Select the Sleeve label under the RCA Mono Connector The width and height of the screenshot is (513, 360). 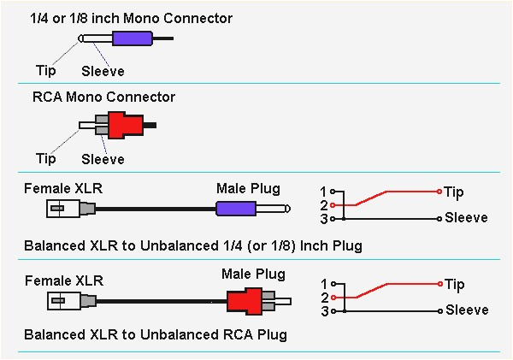tap(103, 159)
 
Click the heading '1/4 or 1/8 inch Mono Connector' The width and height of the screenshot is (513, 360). tap(131, 18)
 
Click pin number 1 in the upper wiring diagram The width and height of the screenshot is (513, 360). tap(323, 191)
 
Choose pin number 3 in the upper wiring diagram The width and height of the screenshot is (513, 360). tap(323, 219)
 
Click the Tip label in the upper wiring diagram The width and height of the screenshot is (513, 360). tap(455, 192)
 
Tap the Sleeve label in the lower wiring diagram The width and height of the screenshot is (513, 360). tap(466, 310)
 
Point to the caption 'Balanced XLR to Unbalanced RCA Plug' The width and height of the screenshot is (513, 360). tap(156, 334)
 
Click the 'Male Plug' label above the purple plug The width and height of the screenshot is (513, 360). tap(248, 188)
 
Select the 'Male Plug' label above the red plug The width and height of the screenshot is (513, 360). tap(253, 274)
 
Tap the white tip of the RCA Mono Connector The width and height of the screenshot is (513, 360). tap(86, 125)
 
